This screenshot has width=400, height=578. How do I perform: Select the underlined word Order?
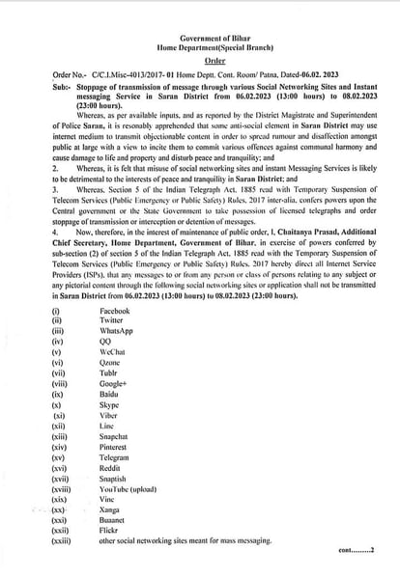[x=201, y=59]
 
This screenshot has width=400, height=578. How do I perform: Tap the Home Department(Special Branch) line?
[x=201, y=45]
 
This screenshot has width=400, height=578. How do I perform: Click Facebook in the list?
[x=114, y=312]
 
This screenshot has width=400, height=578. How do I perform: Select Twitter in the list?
[x=111, y=322]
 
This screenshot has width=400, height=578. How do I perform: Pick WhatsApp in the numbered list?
[x=115, y=333]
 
